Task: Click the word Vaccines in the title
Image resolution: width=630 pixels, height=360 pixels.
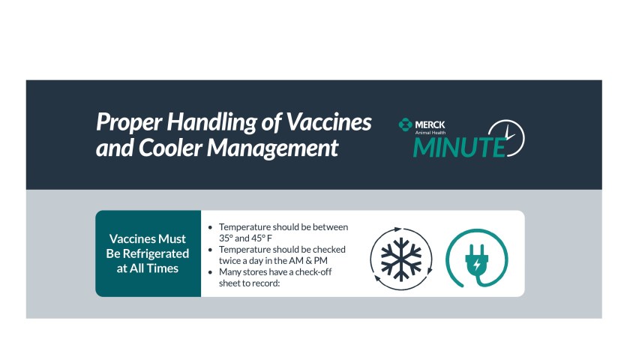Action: [x=328, y=121]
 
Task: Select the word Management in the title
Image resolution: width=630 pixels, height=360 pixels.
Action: [x=273, y=148]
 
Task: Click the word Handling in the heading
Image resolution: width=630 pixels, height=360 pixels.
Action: [x=211, y=122]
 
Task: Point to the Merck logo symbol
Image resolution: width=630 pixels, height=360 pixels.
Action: [x=406, y=125]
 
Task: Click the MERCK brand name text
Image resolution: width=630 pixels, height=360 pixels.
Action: [x=430, y=124]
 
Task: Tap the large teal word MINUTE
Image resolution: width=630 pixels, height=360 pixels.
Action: [x=459, y=147]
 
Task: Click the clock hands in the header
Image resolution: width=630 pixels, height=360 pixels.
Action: [x=509, y=133]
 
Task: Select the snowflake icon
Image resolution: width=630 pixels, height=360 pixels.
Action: [x=401, y=259]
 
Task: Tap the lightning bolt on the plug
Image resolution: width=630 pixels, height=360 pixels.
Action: [x=477, y=265]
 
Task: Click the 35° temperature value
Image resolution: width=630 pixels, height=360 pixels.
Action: [x=226, y=238]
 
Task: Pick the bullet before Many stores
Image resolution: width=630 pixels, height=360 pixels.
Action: [x=210, y=272]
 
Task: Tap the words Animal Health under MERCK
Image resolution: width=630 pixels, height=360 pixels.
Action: [x=430, y=133]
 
